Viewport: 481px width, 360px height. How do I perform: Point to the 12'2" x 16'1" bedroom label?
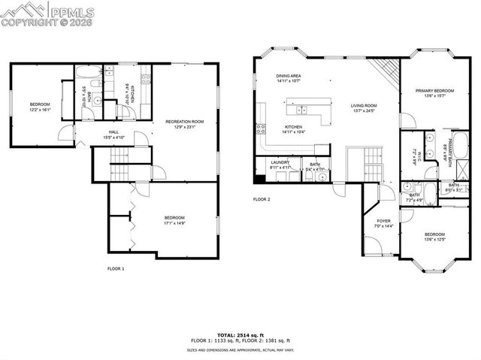[40, 107]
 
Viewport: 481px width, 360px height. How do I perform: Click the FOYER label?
[383, 223]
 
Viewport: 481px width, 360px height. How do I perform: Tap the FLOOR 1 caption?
[116, 268]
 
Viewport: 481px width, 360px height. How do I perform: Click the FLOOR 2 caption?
[261, 199]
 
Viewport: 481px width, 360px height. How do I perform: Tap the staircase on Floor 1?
[119, 159]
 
